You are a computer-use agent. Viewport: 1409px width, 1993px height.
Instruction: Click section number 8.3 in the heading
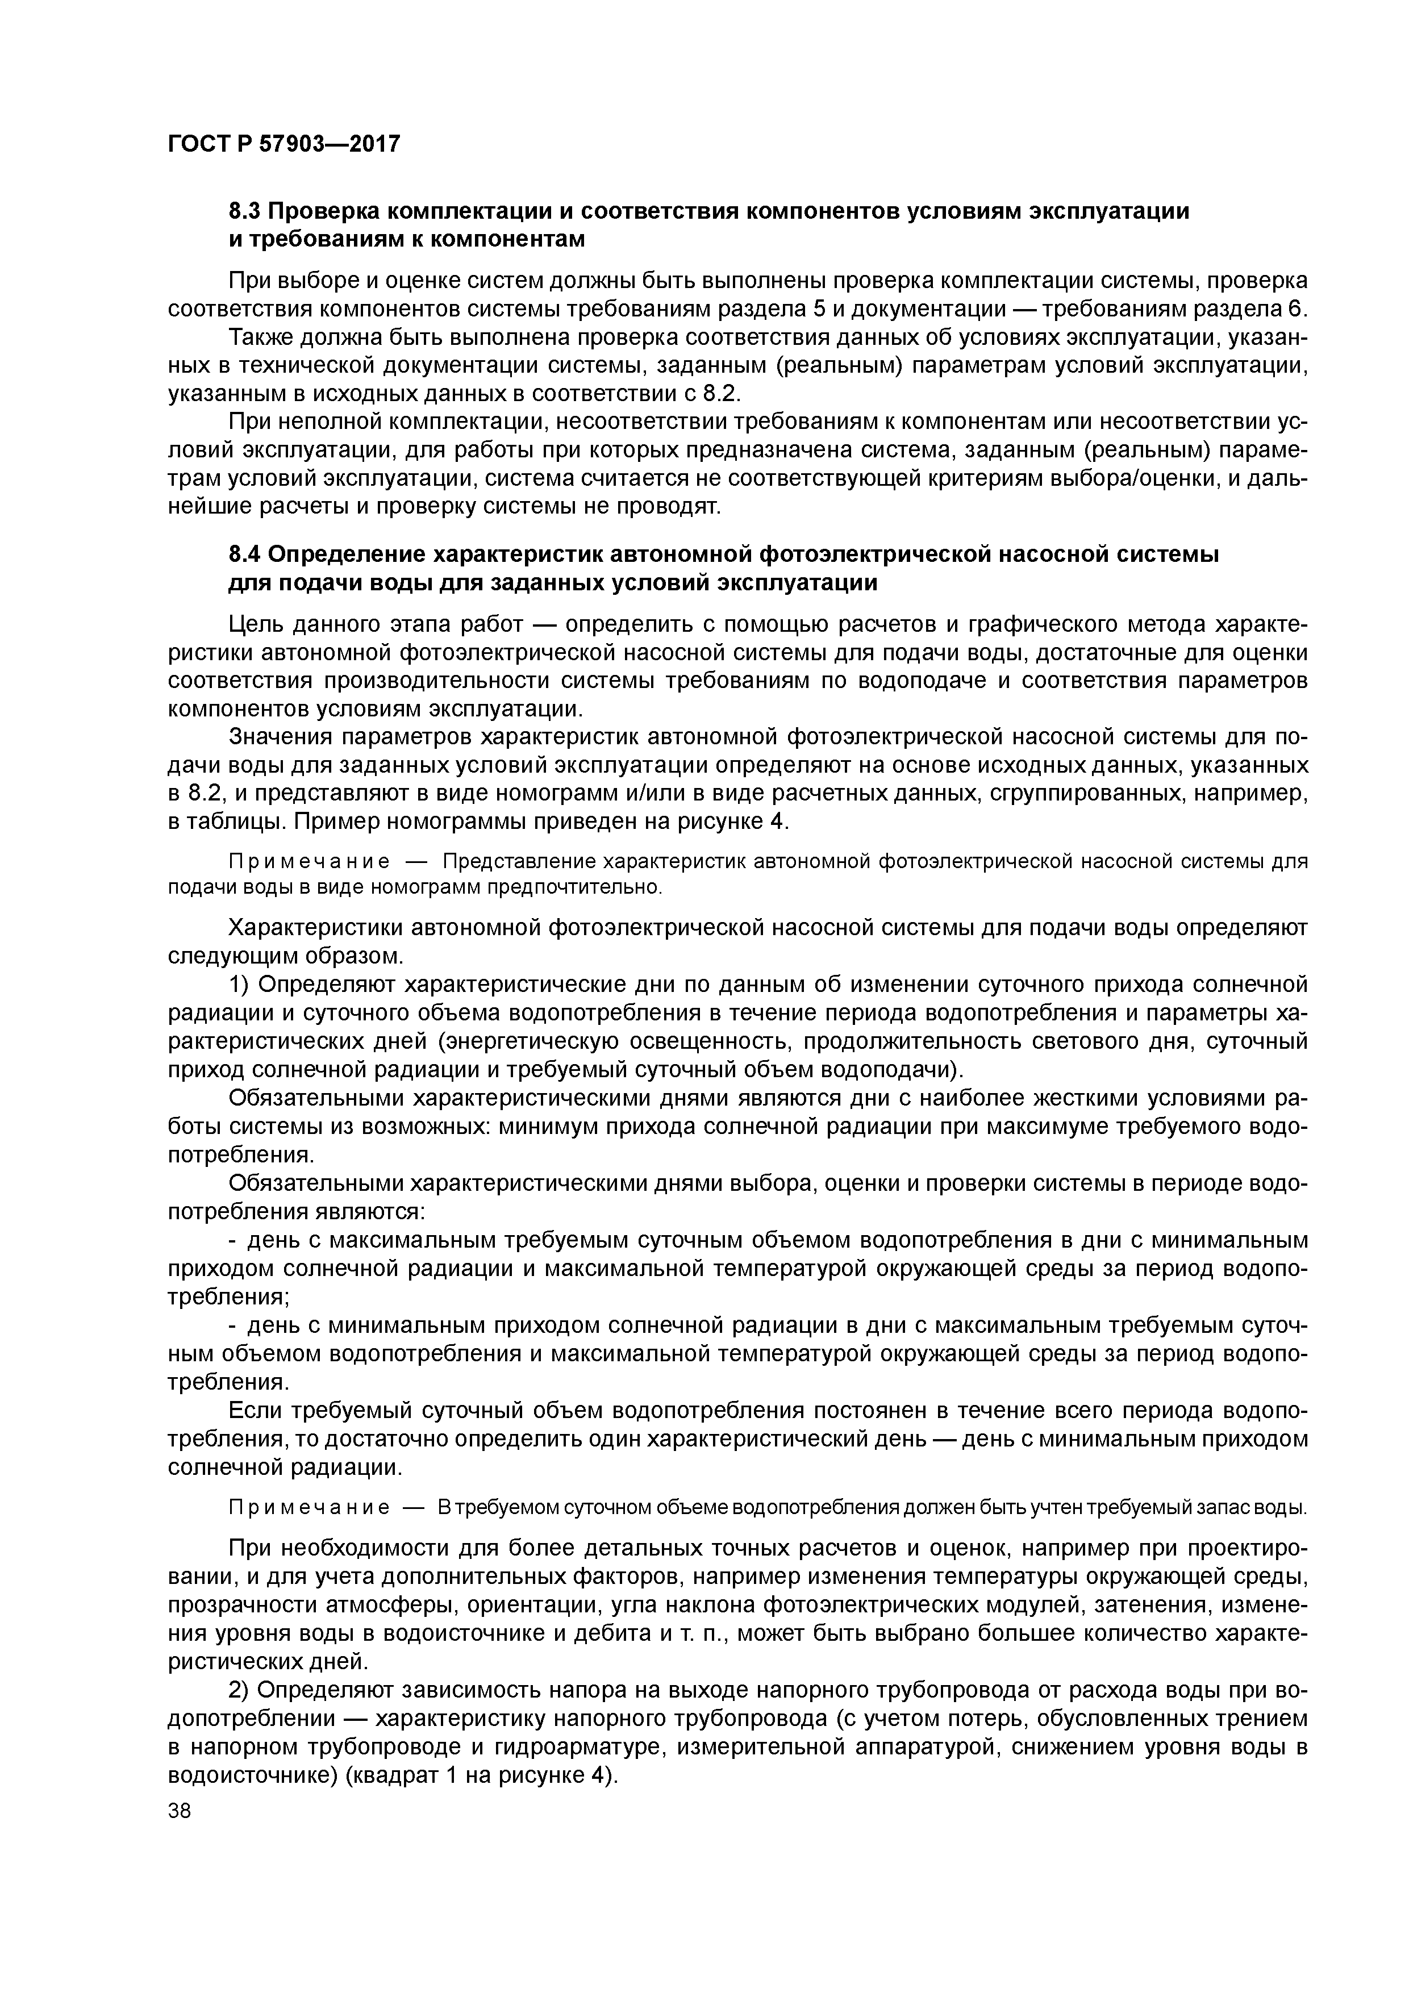tap(245, 211)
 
